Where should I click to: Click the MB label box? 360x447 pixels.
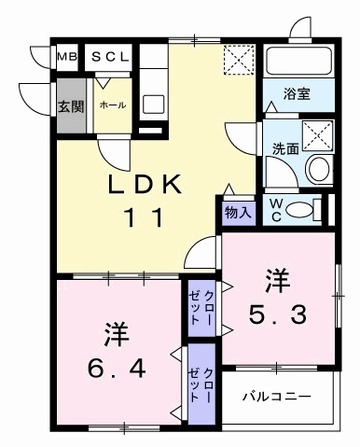[x=66, y=57]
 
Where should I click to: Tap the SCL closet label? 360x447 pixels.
[x=111, y=57]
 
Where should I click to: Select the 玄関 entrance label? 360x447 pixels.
[x=70, y=105]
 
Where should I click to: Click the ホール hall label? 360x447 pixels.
[x=112, y=105]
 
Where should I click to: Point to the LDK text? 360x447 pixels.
[x=145, y=184]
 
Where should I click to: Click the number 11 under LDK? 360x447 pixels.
[x=145, y=218]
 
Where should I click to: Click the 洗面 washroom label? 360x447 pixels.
[x=284, y=147]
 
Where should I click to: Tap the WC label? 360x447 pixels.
[x=277, y=207]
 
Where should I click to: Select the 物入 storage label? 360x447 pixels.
[x=238, y=212]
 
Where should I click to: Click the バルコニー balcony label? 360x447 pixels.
[x=277, y=397]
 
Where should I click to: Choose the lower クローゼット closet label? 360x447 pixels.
[x=202, y=384]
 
